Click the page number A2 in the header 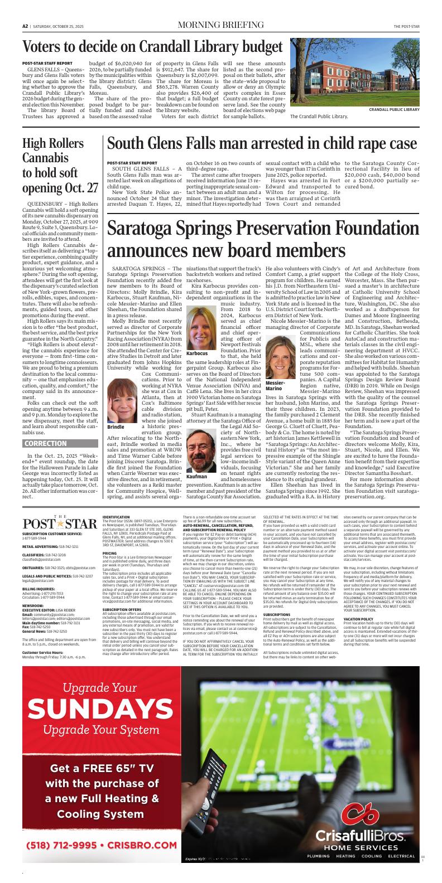[x=26, y=26]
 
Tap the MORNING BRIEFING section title [x=220, y=26]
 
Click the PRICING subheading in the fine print [x=109, y=553]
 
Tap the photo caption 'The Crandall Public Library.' [x=319, y=117]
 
